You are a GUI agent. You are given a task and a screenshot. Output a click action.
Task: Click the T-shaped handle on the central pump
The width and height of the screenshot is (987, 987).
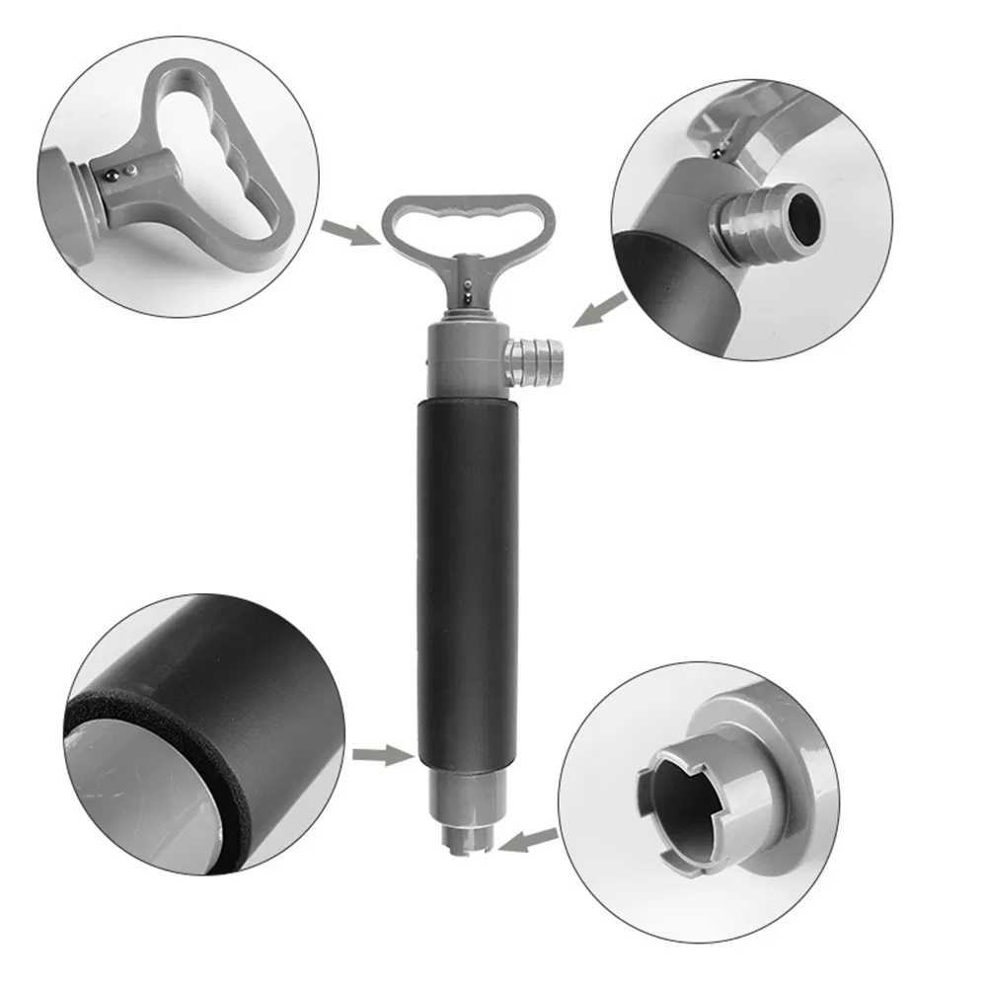coord(469,220)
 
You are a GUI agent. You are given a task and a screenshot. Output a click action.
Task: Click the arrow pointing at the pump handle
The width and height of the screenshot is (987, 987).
coord(349,233)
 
